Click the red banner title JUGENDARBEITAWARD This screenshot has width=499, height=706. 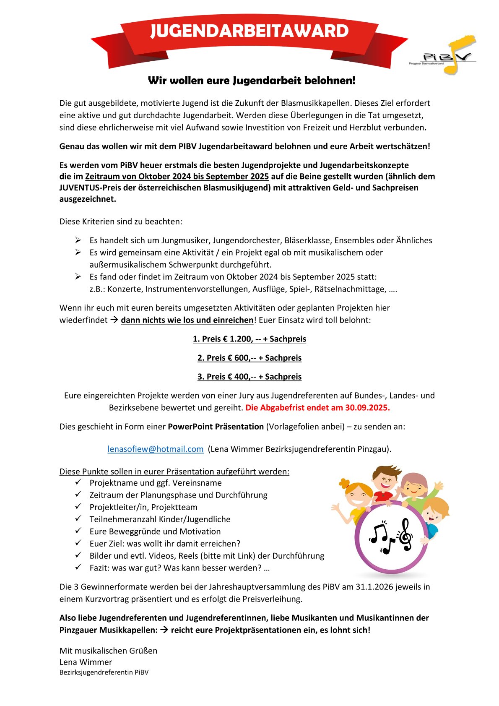coord(249,31)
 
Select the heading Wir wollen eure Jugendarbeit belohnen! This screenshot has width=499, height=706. coord(252,81)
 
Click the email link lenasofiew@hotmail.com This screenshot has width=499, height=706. coord(156,449)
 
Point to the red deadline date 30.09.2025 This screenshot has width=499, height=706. coord(367,407)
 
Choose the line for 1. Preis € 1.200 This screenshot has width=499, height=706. coord(249,339)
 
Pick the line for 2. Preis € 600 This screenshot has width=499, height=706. coord(249,358)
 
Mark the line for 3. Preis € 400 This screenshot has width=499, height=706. coord(249,377)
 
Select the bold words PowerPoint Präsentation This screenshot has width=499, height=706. coord(216,427)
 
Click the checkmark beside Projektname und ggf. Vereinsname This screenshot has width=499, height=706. coord(78,482)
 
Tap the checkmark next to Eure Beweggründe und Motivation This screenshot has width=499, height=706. coord(78,531)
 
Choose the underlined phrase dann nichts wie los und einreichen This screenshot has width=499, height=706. coord(187,320)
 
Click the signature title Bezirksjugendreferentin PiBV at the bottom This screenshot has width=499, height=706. coord(104,672)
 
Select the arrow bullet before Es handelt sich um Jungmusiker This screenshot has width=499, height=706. coord(78,240)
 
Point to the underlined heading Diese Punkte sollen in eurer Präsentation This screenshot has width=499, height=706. coord(174,472)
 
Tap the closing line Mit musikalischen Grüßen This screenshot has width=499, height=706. coord(108,651)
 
